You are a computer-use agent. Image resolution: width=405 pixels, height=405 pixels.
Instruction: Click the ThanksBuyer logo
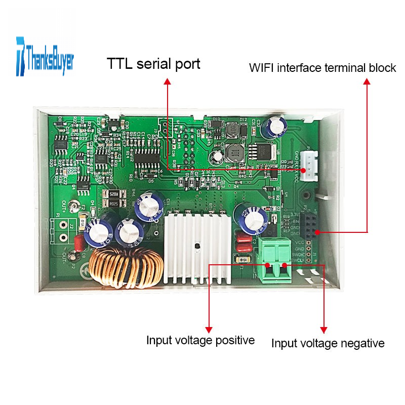coord(45,56)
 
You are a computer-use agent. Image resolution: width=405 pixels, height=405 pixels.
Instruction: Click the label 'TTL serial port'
coord(153,64)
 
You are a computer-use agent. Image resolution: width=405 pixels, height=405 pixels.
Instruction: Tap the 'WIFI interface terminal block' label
coord(322,67)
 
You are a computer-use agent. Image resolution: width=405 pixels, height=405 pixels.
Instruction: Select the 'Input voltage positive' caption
coord(200,340)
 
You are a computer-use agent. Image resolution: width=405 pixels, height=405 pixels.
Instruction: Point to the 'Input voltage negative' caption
coord(328,343)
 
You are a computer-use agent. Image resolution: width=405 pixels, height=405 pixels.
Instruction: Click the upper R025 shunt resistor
coord(112,194)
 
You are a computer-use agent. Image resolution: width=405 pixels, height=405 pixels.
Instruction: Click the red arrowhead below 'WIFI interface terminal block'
coord(367,80)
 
